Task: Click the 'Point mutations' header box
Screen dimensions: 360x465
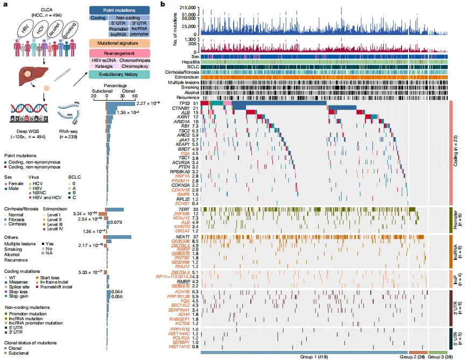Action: click(119, 10)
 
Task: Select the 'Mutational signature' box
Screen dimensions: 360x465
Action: click(119, 43)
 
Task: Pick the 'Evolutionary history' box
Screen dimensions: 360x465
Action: click(119, 74)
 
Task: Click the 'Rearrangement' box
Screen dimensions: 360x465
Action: click(119, 52)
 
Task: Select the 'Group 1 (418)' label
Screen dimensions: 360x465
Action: click(315, 356)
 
